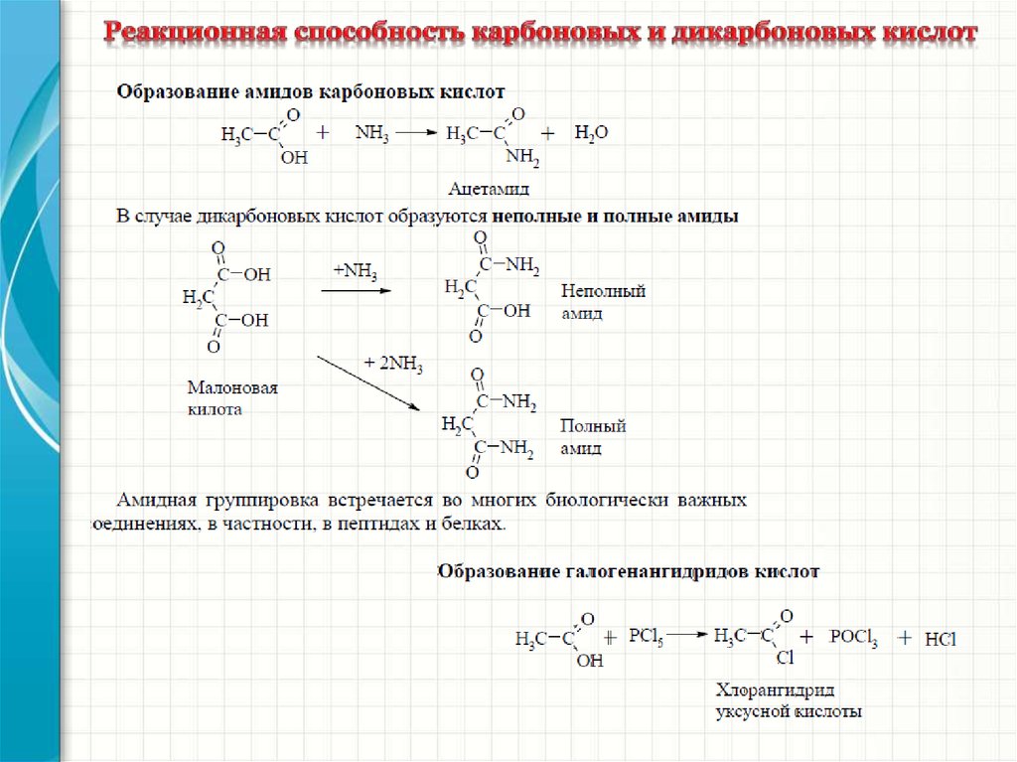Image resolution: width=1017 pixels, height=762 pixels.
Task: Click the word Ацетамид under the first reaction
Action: point(489,188)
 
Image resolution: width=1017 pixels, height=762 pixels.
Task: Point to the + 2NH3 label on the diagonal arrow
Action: point(393,365)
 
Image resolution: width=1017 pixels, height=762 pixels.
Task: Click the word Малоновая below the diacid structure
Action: point(232,388)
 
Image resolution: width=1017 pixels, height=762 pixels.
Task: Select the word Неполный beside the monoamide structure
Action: point(603,292)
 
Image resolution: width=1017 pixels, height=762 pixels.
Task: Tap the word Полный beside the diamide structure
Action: point(592,426)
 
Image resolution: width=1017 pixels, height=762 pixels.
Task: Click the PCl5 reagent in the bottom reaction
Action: point(647,637)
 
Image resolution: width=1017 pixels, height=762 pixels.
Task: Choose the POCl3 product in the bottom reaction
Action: point(853,639)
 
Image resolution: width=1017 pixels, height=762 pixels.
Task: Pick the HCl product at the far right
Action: point(939,640)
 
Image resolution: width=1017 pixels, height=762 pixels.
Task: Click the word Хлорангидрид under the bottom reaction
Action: point(774,690)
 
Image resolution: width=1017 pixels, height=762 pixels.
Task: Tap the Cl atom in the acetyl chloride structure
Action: point(784,658)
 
